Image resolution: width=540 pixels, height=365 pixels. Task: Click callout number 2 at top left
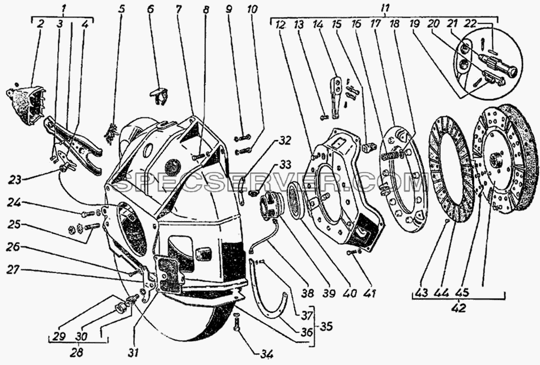point(40,24)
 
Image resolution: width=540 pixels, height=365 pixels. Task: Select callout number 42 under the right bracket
point(460,308)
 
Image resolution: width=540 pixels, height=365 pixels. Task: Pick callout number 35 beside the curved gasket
point(326,325)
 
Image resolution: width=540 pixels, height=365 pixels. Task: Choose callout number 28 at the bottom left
point(79,353)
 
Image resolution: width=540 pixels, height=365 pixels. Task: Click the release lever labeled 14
point(335,99)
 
